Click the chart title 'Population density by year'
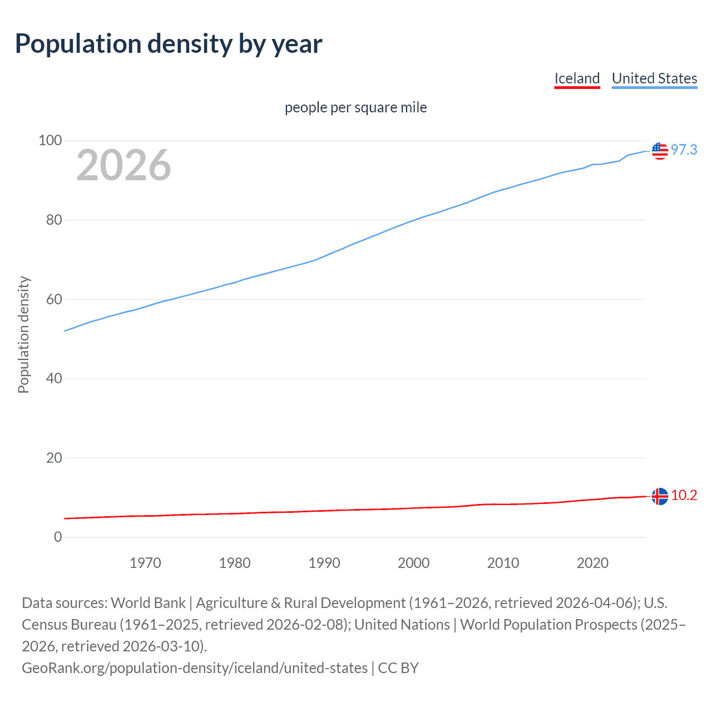pyautogui.click(x=169, y=43)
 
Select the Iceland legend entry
pyautogui.click(x=577, y=78)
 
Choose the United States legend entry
pyautogui.click(x=654, y=78)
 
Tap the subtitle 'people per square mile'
pyautogui.click(x=356, y=107)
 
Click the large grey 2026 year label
pyautogui.click(x=123, y=165)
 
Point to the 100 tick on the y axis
pyautogui.click(x=50, y=141)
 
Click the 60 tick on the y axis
pyautogui.click(x=53, y=299)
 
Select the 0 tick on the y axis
pyautogui.click(x=58, y=537)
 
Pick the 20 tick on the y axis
pyautogui.click(x=53, y=458)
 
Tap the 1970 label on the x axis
pyautogui.click(x=145, y=563)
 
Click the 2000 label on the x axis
pyautogui.click(x=413, y=563)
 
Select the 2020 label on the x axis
pyautogui.click(x=592, y=563)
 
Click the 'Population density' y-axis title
pyautogui.click(x=23, y=335)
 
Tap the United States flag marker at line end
pyautogui.click(x=660, y=150)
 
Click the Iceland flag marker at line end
pyautogui.click(x=660, y=496)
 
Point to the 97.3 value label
pyautogui.click(x=684, y=150)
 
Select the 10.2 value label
pyautogui.click(x=684, y=495)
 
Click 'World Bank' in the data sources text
pyautogui.click(x=148, y=603)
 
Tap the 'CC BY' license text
pyautogui.click(x=398, y=667)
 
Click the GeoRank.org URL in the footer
pyautogui.click(x=195, y=667)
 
